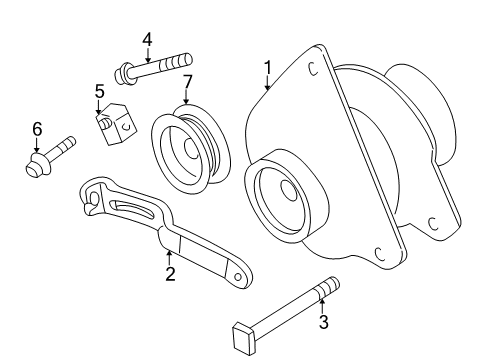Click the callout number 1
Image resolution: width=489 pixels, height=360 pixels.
tap(268, 68)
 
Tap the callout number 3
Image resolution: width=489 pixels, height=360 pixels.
tap(323, 322)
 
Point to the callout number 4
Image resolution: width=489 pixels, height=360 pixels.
tap(147, 40)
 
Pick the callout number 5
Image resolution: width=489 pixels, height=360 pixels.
tap(100, 92)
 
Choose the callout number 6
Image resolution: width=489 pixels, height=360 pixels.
tap(37, 128)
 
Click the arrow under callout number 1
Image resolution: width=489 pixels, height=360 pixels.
tap(267, 85)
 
